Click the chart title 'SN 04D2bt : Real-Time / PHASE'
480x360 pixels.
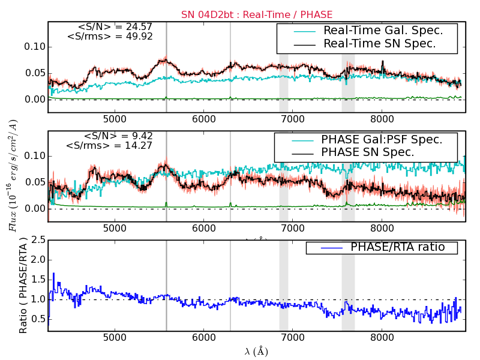click(x=257, y=14)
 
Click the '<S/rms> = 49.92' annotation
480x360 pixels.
click(x=110, y=37)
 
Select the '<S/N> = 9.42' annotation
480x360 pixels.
click(x=118, y=136)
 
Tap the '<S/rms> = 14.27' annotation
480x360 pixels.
click(x=109, y=145)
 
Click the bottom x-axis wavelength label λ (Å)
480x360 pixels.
click(x=256, y=351)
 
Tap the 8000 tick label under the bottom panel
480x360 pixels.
click(x=382, y=338)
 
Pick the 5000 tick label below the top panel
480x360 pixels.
click(x=115, y=119)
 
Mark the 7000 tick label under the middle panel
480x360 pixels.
click(x=293, y=229)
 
